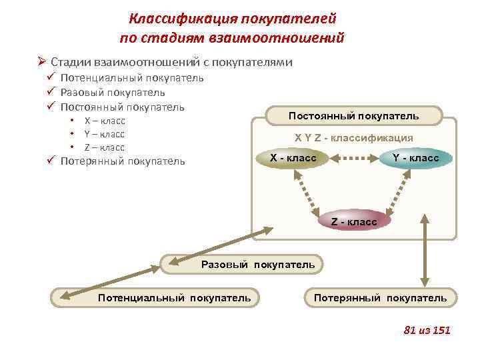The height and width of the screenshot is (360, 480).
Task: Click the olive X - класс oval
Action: click(293, 159)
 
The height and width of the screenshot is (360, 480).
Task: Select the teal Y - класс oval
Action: click(415, 159)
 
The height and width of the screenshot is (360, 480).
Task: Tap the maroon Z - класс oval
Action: click(353, 221)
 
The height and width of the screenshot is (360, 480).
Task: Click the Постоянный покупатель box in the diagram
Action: click(353, 116)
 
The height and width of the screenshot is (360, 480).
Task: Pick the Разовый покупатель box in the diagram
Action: click(243, 265)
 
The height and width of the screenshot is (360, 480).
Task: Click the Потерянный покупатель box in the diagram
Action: click(380, 297)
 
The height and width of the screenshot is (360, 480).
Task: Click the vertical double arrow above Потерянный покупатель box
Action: click(424, 251)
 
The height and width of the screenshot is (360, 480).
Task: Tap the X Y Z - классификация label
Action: click(353, 138)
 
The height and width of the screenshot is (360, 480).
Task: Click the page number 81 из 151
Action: click(427, 330)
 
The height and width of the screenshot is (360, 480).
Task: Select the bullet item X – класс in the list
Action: click(105, 121)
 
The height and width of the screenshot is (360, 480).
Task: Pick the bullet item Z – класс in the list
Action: click(105, 147)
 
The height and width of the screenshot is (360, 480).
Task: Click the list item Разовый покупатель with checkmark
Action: click(113, 93)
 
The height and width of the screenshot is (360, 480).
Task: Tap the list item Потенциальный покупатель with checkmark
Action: click(132, 78)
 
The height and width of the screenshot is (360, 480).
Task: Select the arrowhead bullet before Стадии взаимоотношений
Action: click(42, 62)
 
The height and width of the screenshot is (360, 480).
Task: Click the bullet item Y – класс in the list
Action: click(105, 134)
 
